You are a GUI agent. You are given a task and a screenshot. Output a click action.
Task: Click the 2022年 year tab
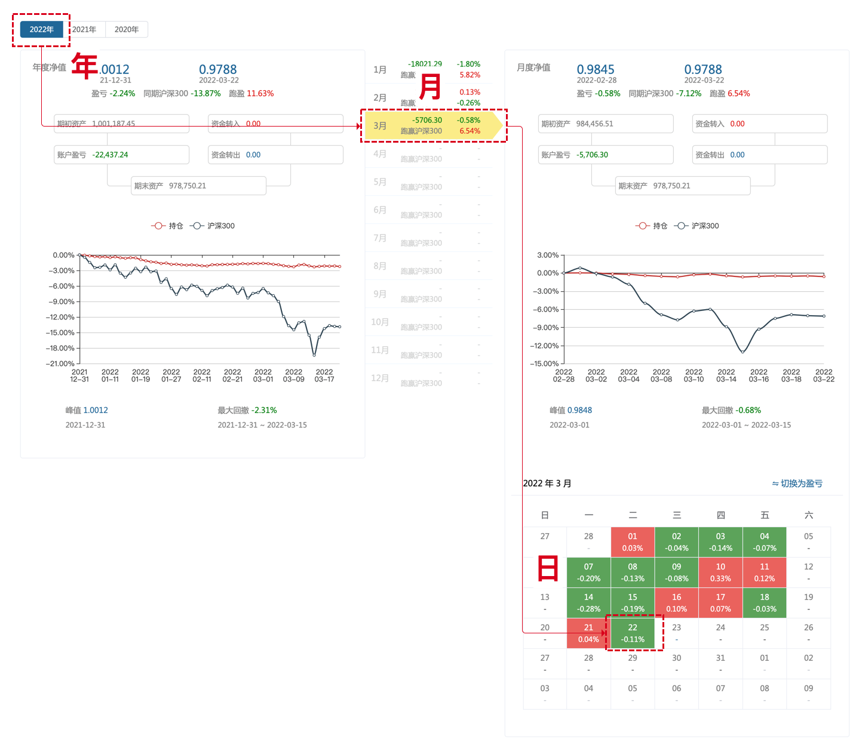(42, 29)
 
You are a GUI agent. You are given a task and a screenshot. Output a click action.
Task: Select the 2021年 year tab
(84, 29)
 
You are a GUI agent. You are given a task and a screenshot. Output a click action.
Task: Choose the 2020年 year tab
(127, 29)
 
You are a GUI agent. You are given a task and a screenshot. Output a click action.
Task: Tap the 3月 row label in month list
(380, 126)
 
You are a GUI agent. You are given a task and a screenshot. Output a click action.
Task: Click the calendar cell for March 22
(633, 633)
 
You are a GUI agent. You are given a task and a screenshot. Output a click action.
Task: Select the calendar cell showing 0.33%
(720, 572)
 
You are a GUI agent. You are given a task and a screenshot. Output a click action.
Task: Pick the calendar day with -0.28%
(588, 603)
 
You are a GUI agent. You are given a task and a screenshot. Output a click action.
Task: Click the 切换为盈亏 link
(797, 484)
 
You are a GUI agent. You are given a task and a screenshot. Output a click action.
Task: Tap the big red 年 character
(84, 66)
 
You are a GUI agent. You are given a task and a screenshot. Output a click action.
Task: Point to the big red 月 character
(430, 87)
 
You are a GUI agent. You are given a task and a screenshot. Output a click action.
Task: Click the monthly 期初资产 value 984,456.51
(594, 124)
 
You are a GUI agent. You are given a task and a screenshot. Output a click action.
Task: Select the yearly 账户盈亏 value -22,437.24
(111, 155)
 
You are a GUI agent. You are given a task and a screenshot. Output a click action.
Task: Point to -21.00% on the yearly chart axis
(60, 364)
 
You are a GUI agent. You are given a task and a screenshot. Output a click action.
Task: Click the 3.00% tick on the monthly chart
(548, 255)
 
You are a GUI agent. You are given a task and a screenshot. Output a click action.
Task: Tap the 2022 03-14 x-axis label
(726, 375)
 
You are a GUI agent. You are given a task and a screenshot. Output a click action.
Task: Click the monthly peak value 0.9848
(579, 410)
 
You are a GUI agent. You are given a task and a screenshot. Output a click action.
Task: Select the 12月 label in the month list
(380, 378)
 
